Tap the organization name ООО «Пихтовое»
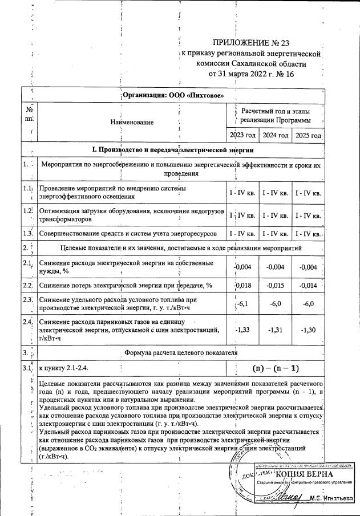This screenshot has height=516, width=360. (x=177, y=94)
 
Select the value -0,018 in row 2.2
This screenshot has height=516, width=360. (x=243, y=285)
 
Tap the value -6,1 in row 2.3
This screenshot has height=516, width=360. (x=243, y=303)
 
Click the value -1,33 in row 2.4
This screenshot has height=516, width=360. (x=243, y=329)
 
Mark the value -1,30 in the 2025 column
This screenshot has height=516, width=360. (x=309, y=329)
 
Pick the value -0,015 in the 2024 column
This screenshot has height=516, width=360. (x=276, y=285)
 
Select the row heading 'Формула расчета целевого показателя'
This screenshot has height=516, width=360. (x=180, y=353)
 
